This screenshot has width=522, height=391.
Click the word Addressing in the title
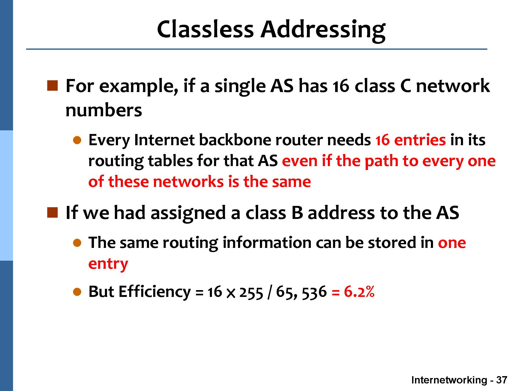click(323, 31)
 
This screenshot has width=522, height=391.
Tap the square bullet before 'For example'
click(52, 86)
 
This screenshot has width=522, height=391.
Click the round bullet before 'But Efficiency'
click(78, 292)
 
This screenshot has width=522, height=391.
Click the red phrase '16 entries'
click(411, 140)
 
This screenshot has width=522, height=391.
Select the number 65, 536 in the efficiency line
click(301, 292)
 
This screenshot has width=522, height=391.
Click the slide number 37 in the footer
click(501, 380)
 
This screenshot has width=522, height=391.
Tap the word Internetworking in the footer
click(449, 380)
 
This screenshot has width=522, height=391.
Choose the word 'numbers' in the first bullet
click(104, 110)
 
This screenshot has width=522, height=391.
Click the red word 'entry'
click(108, 264)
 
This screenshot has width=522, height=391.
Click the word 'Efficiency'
click(155, 292)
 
